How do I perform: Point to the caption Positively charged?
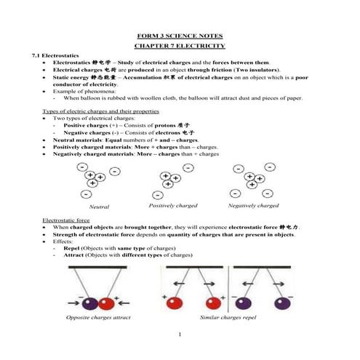[173, 206]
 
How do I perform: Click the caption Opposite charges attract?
[98, 318]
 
